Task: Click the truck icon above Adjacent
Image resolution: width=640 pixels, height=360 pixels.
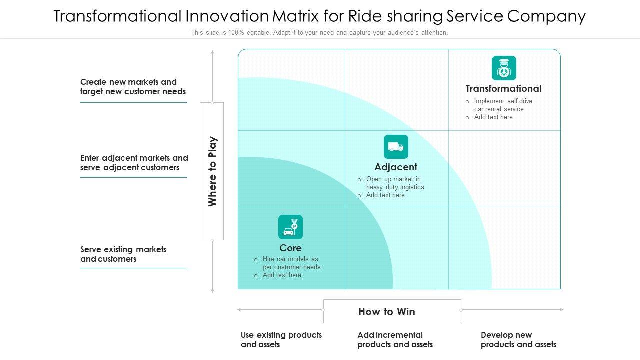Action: pos(396,147)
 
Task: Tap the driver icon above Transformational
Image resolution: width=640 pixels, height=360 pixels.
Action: pos(504,68)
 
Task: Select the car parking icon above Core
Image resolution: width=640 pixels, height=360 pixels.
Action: pos(290,227)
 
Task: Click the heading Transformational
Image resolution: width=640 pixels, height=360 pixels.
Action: pos(503,89)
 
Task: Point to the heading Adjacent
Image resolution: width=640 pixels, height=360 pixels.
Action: pos(396,167)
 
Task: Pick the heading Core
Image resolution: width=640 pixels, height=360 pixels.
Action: pos(290,248)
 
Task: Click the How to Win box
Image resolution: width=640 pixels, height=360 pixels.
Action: pos(392,311)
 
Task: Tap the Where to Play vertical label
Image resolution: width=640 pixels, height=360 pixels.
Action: pos(212,171)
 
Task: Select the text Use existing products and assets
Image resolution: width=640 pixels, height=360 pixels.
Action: pos(281,340)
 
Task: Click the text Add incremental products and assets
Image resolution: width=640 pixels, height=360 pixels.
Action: pos(395,340)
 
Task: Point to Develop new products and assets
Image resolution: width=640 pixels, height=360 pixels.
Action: pos(518,340)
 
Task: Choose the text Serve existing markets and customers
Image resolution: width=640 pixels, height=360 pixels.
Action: pos(123,254)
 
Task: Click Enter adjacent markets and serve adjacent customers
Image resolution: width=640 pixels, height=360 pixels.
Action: pos(134,163)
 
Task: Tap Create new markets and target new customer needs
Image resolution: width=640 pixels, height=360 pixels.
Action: pos(133,87)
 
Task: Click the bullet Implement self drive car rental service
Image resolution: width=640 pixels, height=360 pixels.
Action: pos(503,105)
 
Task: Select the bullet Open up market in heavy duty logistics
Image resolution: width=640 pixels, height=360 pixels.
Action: pos(395,183)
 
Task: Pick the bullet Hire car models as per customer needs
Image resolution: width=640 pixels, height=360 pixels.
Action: pos(291,263)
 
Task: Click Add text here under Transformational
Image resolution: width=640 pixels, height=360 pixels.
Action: pos(493,117)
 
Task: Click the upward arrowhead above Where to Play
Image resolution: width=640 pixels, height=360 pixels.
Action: pos(212,52)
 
